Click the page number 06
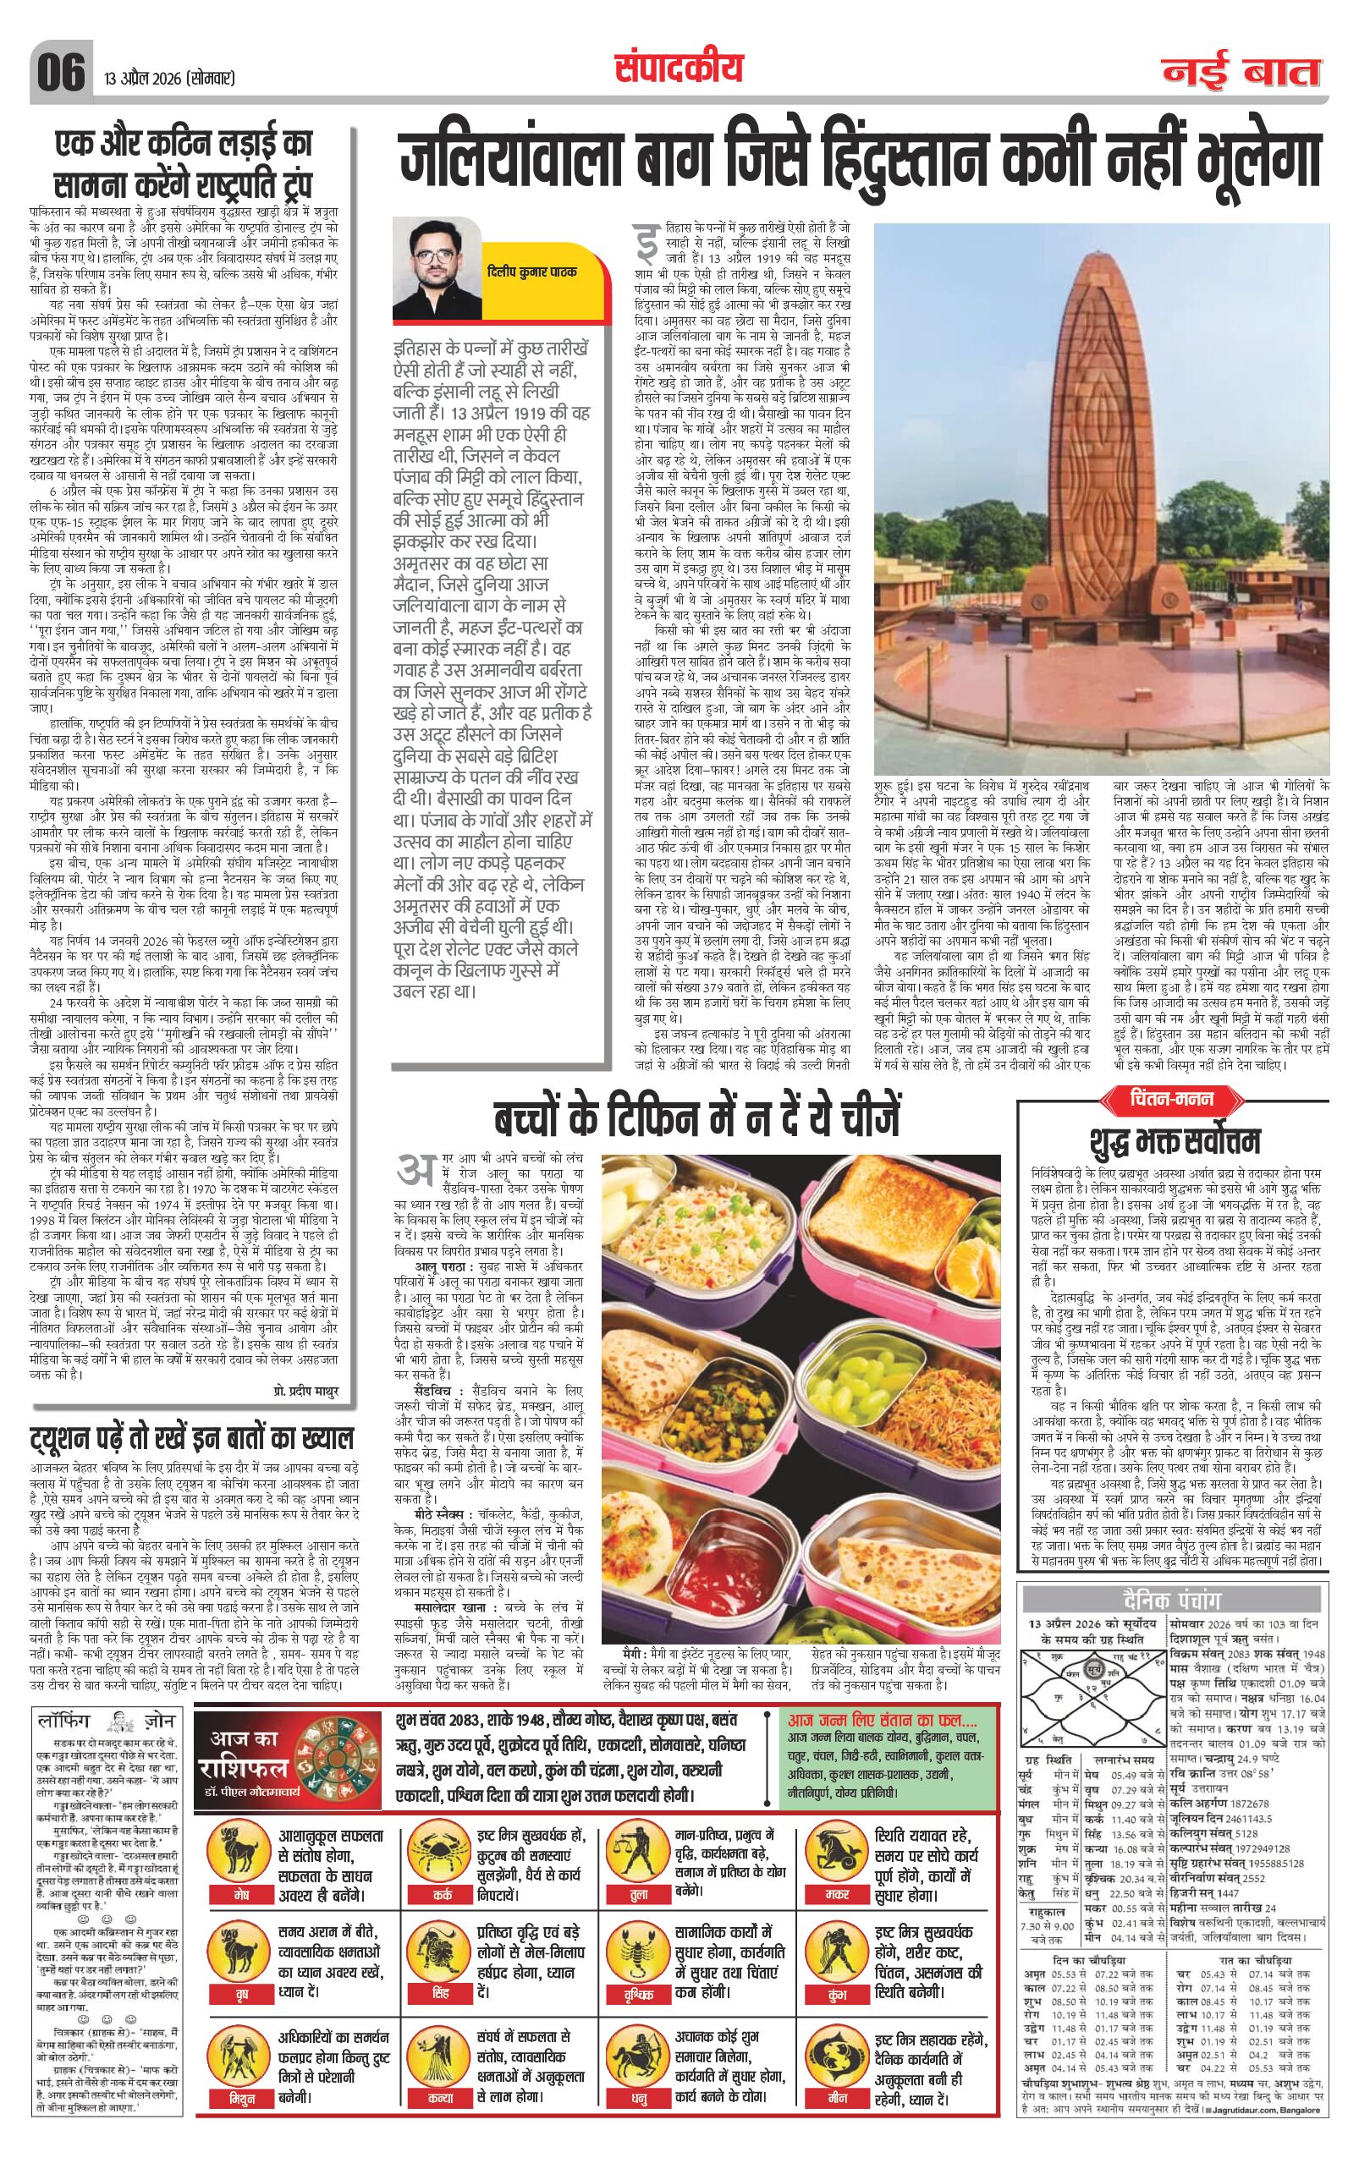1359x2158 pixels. tap(61, 72)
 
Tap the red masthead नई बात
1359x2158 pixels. tap(1241, 72)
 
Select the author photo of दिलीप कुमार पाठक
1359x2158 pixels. tap(436, 268)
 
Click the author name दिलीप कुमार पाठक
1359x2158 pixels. tap(532, 272)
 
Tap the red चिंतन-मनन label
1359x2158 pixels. tap(1171, 1098)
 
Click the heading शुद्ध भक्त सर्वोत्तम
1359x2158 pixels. tap(1175, 1141)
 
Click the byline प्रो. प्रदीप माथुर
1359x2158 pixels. tap(305, 1390)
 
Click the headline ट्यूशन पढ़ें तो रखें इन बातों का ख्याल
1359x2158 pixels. tap(192, 1438)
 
